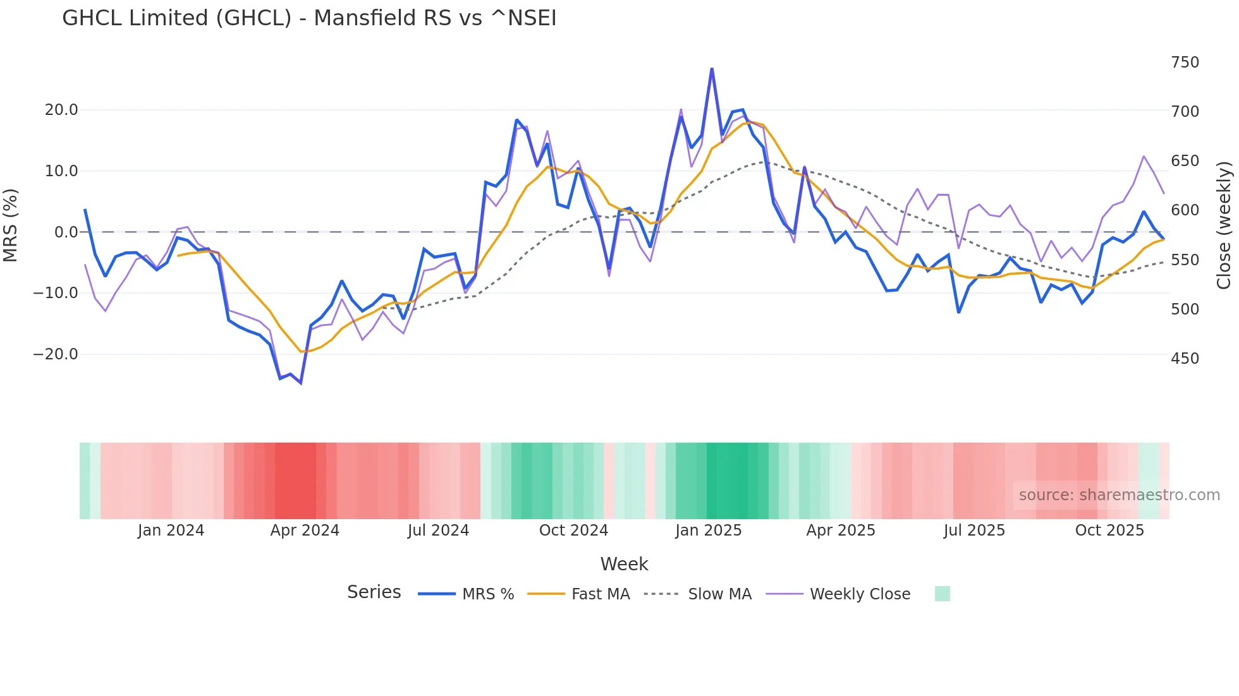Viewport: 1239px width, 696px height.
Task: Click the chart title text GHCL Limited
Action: tap(309, 18)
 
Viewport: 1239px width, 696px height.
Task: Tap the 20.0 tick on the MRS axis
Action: tap(61, 110)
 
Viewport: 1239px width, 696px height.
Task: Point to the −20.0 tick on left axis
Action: tap(56, 354)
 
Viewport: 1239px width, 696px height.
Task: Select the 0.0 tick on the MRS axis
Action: tap(66, 232)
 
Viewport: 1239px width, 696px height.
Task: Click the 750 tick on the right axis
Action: tap(1185, 63)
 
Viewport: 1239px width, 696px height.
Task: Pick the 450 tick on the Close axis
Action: tap(1185, 359)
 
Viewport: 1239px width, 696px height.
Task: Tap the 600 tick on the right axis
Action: tap(1185, 210)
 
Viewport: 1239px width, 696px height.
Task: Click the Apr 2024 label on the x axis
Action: tap(305, 531)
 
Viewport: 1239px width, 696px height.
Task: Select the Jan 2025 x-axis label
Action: tap(708, 531)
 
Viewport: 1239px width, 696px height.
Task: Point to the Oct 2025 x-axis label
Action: tap(1109, 531)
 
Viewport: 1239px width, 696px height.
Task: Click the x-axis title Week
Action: tap(624, 564)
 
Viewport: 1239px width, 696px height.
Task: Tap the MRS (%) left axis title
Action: tap(11, 225)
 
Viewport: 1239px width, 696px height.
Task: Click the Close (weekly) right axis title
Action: tap(1224, 225)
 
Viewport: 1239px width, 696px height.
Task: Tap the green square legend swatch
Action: tap(942, 594)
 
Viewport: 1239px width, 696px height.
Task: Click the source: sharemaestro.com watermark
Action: tap(1119, 495)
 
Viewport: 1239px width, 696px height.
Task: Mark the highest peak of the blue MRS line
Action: tap(712, 68)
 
